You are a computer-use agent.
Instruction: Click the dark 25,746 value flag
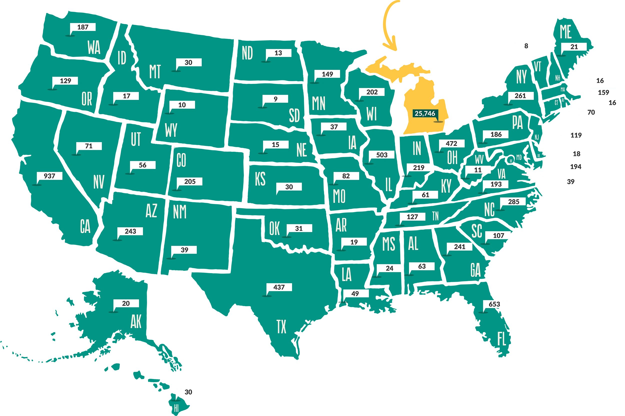[x=425, y=114]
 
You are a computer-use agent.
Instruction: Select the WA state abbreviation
[x=94, y=48]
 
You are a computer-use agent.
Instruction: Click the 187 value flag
[x=82, y=27]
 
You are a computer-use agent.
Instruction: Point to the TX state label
[x=281, y=327]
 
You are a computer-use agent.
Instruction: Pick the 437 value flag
[x=279, y=287]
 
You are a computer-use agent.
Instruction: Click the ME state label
[x=565, y=32]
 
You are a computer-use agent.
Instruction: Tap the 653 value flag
[x=494, y=304]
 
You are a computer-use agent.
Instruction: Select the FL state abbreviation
[x=501, y=339]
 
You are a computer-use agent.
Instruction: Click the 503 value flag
[x=381, y=155]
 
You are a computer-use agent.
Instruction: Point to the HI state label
[x=176, y=408]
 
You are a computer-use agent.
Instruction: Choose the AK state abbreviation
[x=136, y=322]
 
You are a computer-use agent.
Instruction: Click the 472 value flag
[x=451, y=144]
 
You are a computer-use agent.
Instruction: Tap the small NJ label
[x=536, y=137]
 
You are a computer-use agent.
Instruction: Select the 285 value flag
[x=513, y=202]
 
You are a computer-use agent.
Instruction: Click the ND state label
[x=247, y=53]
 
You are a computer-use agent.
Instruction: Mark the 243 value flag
[x=130, y=231]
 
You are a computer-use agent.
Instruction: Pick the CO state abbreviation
[x=181, y=160]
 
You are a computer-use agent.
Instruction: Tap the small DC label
[x=511, y=161]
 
